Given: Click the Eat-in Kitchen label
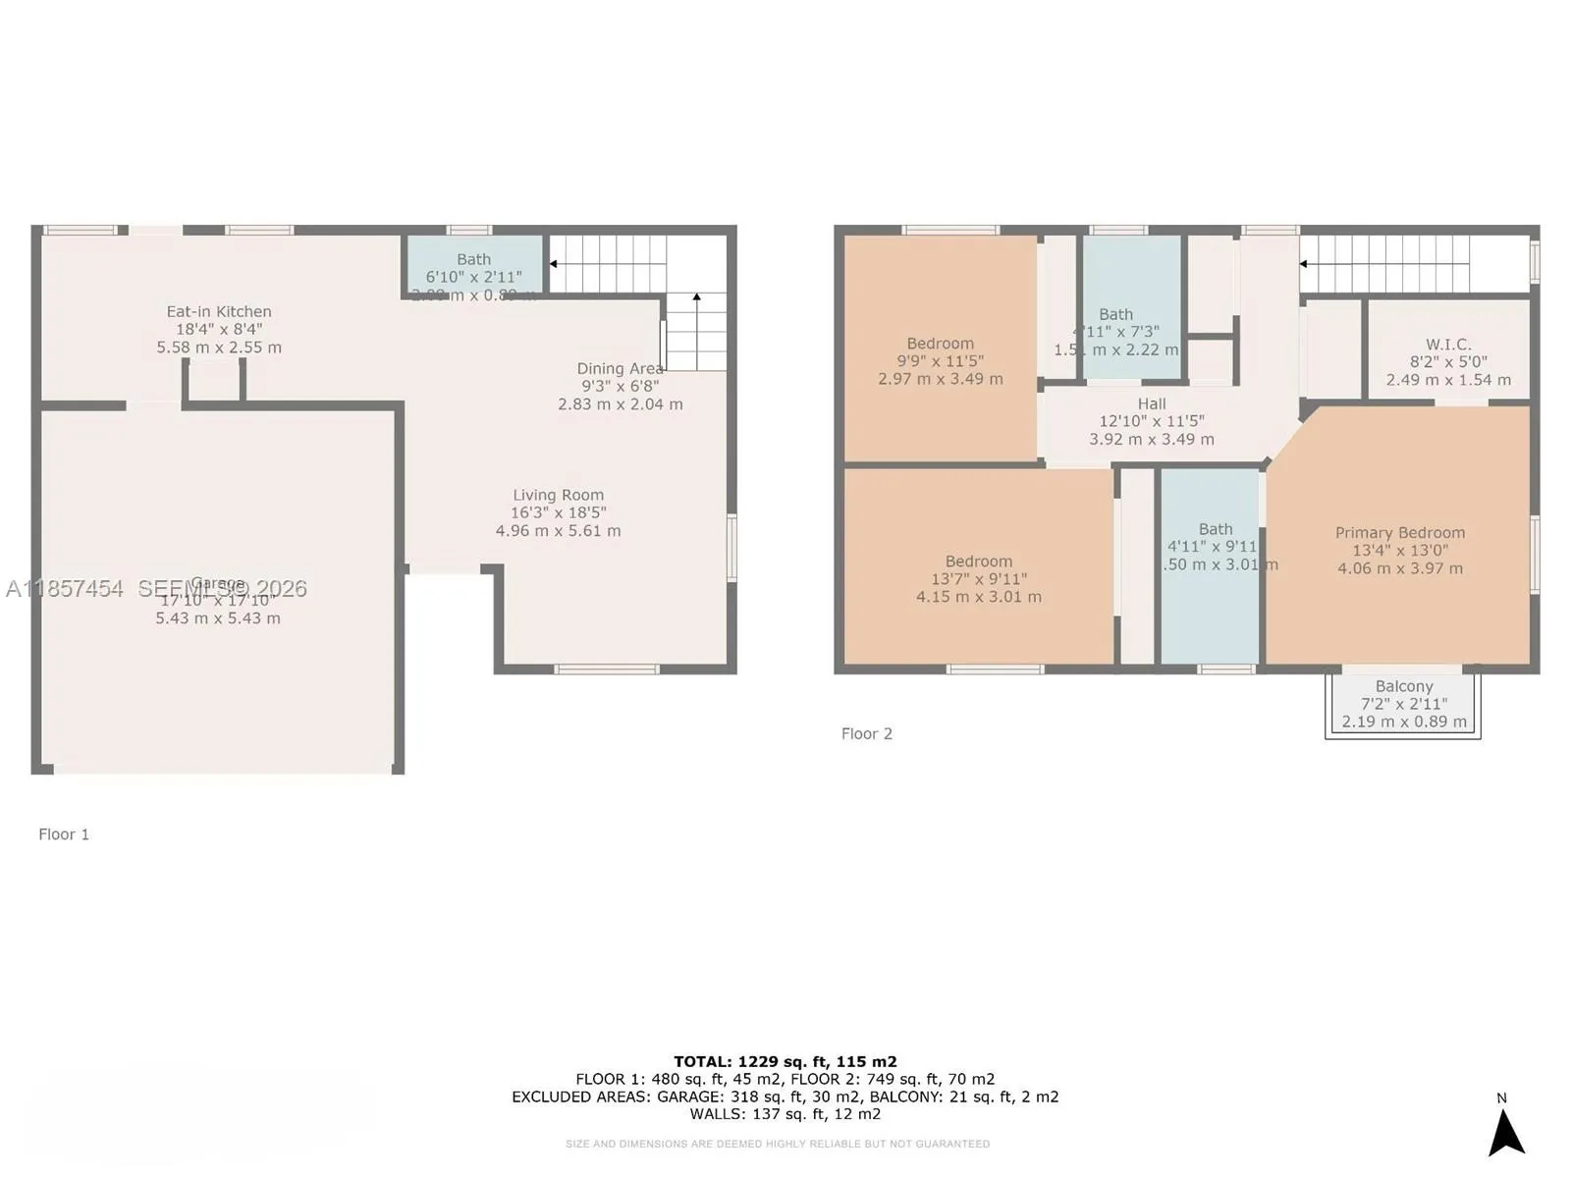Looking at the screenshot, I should [218, 312].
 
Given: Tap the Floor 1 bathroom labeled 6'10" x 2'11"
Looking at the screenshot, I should [473, 268].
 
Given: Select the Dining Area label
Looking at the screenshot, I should [620, 369].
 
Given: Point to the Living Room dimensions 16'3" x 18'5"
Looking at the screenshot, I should [558, 512].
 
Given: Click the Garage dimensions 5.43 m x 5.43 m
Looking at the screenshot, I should [218, 618].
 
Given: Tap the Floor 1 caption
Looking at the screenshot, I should [64, 834].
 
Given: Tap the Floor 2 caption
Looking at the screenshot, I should [866, 734].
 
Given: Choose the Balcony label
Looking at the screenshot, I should [1403, 687].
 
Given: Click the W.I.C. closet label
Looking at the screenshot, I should [1448, 345].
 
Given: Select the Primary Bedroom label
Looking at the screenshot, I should [1399, 533].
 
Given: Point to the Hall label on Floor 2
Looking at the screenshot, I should [1152, 404].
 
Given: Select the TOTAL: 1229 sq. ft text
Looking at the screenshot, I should [785, 1061].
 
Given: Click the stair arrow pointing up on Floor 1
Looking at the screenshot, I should [696, 297].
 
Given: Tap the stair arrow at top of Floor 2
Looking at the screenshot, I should [1304, 264].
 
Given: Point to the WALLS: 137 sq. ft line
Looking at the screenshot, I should [785, 1114].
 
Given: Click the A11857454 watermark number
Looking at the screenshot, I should [65, 589].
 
